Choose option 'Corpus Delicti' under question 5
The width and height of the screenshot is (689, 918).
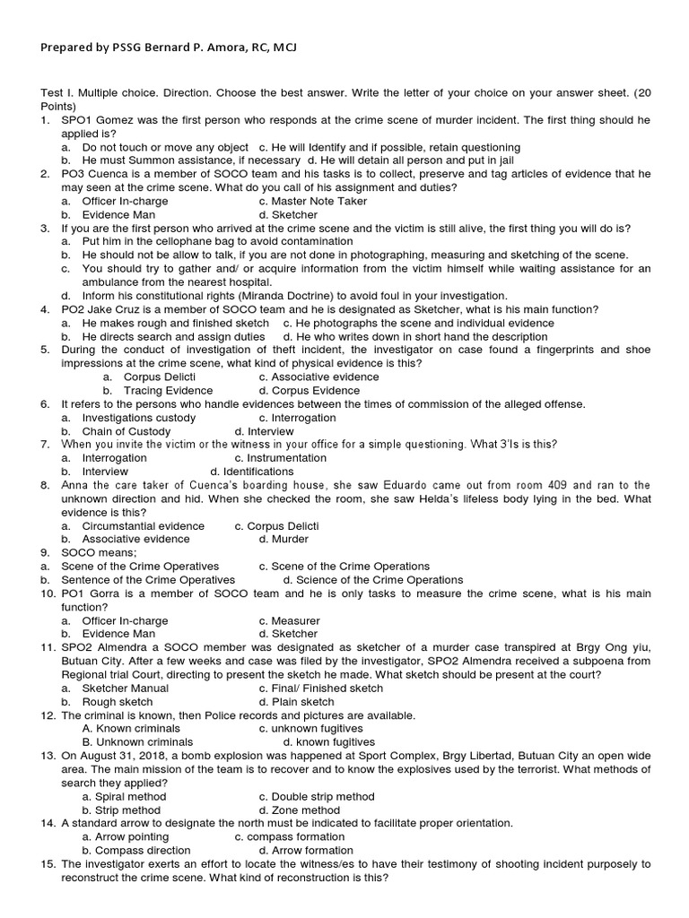click(158, 377)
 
